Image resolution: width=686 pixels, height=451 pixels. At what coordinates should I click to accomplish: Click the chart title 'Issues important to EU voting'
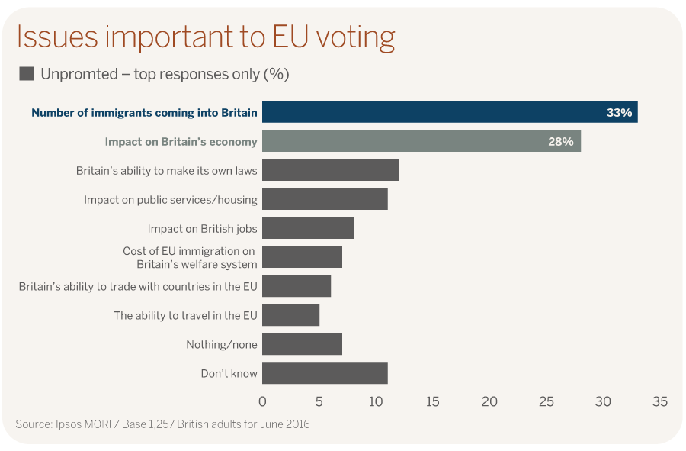pos(206,37)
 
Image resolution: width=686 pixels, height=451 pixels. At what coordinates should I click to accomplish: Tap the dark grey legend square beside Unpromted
pos(27,74)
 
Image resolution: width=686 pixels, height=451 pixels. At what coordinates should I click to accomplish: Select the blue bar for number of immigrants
pos(450,112)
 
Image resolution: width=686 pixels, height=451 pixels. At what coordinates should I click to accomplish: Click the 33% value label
pos(619,112)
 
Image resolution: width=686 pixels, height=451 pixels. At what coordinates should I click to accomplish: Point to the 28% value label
pos(561,141)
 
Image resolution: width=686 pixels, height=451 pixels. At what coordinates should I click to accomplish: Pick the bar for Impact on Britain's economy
pos(421,141)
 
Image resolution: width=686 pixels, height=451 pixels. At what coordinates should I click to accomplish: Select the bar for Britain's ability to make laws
pos(330,170)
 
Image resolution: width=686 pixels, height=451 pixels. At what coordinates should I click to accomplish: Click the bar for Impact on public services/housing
pos(325,199)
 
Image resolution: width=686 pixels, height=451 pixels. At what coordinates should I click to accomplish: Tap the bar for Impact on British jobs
pos(308,228)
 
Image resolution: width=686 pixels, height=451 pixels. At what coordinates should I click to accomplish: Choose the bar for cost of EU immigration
pos(302,257)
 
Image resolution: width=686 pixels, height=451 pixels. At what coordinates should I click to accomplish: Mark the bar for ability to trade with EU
pos(297,286)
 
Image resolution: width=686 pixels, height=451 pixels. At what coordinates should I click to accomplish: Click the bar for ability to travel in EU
pos(290,315)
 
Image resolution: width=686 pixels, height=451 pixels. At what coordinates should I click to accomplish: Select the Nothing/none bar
pos(302,344)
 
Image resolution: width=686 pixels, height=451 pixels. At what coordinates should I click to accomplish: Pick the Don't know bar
pos(325,373)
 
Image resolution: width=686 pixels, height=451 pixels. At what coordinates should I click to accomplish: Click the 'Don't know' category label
pos(229,373)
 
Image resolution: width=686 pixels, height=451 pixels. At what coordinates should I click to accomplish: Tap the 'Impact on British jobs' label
pos(202,228)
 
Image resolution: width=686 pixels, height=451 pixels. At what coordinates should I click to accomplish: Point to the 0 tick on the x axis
pos(262,401)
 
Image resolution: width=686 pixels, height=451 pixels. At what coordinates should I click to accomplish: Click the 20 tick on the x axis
pos(489,401)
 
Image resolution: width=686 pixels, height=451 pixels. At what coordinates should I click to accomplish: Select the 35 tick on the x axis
pos(659,401)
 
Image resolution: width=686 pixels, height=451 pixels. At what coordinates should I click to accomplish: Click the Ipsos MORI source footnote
pos(162,424)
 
